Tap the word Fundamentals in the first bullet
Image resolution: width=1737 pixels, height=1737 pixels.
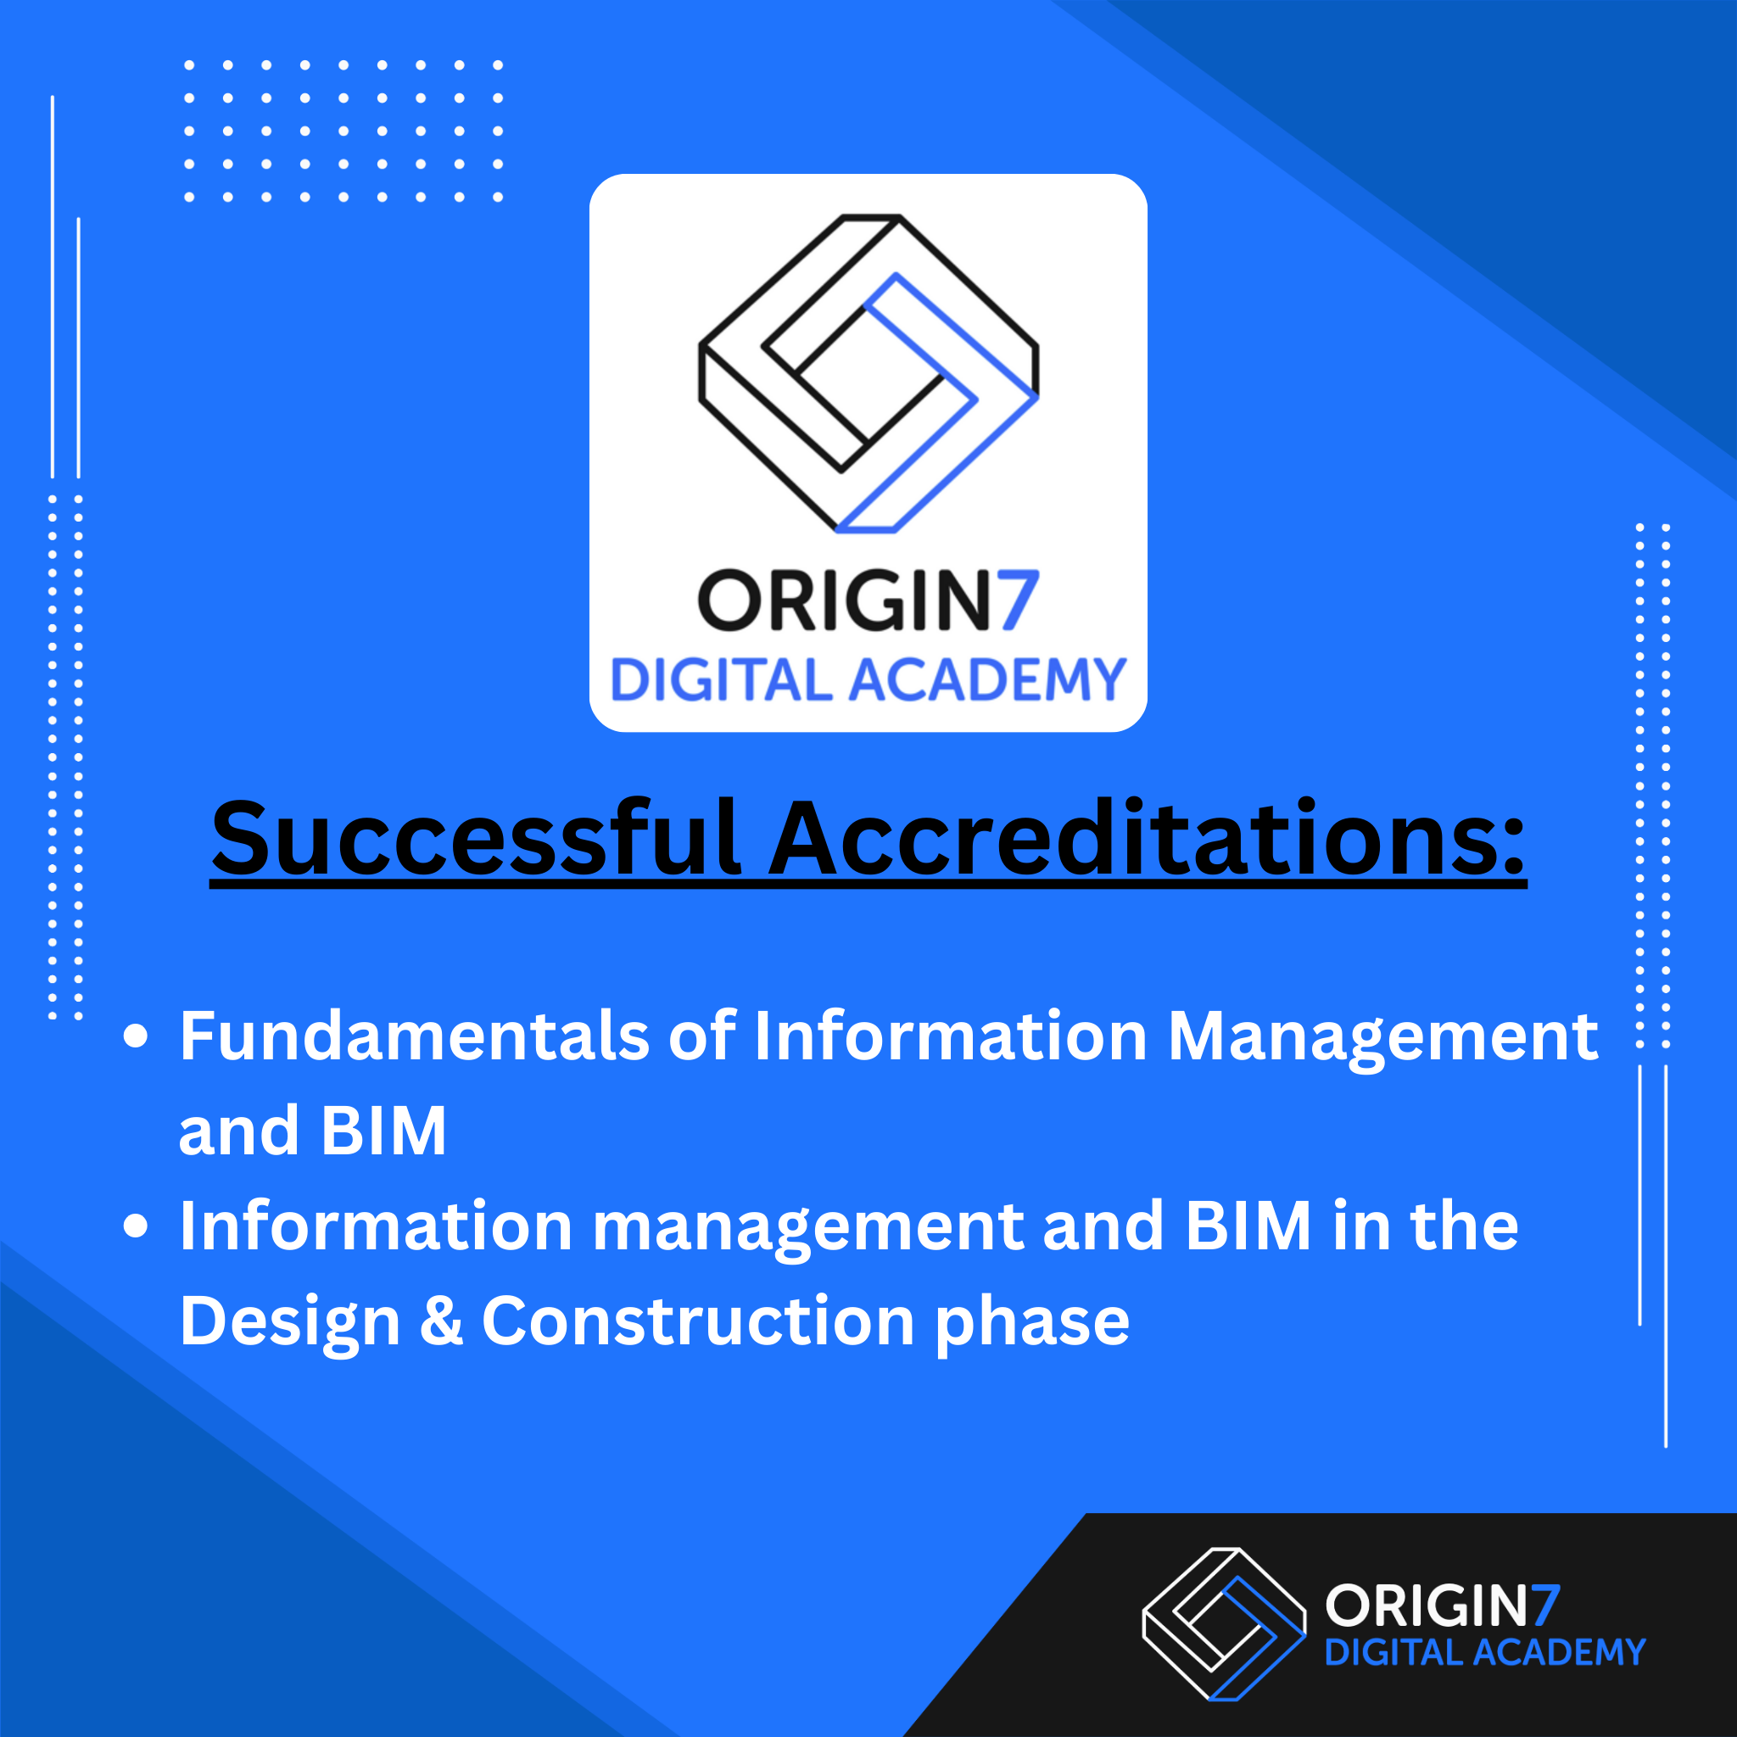point(414,1036)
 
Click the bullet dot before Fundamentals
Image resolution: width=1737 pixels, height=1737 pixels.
point(136,1036)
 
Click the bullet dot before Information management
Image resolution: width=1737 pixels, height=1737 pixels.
point(136,1226)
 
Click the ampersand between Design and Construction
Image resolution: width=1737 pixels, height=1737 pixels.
point(440,1321)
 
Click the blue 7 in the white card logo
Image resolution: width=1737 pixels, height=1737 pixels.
point(1019,600)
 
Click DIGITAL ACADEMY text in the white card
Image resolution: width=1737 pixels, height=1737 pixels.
point(868,679)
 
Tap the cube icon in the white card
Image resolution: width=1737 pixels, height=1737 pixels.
point(868,373)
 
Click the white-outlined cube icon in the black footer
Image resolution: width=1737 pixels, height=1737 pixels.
point(1224,1623)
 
